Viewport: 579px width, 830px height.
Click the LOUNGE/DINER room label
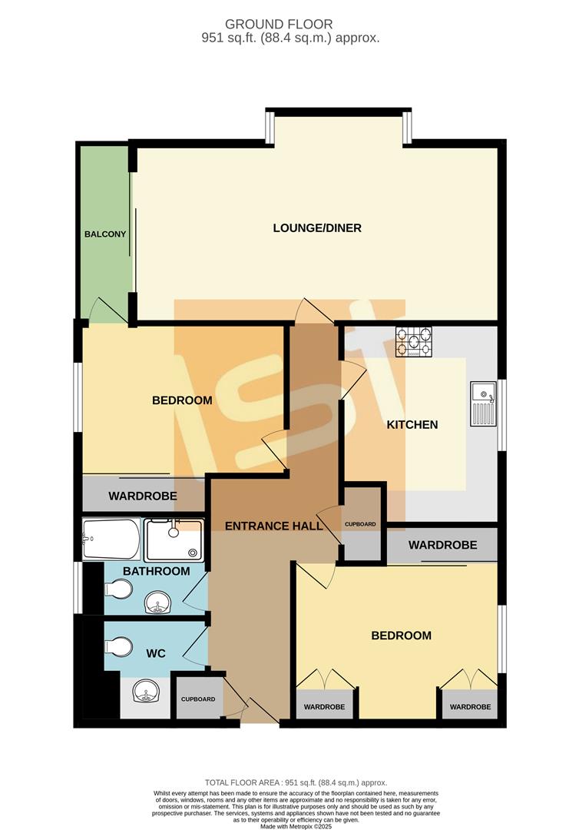click(317, 228)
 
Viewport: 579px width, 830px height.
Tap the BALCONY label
click(105, 234)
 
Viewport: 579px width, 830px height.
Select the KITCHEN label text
click(412, 424)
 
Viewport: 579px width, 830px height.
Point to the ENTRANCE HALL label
click(273, 526)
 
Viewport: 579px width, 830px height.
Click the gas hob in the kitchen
click(414, 342)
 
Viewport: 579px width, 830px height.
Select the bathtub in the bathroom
click(111, 539)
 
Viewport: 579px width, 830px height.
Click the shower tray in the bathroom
click(175, 539)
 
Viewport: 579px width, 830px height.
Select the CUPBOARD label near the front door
click(197, 699)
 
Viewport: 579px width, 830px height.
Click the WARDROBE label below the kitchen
click(442, 545)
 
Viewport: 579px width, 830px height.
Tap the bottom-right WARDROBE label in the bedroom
click(470, 706)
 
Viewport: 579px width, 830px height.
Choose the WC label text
click(157, 653)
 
